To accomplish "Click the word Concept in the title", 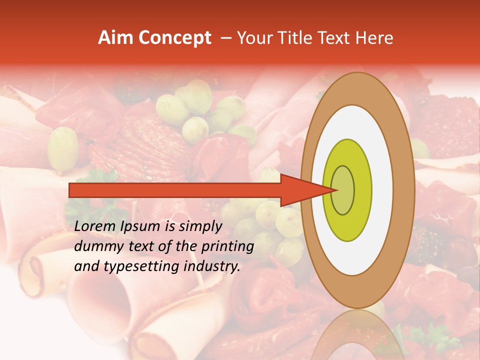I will (175, 38).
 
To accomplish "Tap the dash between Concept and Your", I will (225, 38).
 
